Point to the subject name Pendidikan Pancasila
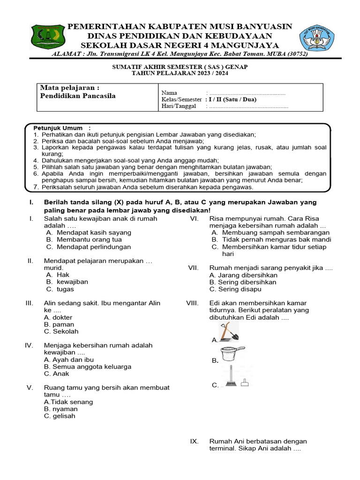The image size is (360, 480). coord(78,96)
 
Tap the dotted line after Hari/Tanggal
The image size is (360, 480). coord(248,106)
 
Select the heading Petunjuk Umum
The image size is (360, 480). coord(58,128)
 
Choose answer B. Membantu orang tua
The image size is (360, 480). coord(83,240)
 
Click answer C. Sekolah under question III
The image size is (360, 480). coord(61,331)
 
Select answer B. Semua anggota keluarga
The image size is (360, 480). coord(87,367)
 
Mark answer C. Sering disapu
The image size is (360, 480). coord(239,289)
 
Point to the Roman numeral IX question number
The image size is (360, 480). coord(195,442)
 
